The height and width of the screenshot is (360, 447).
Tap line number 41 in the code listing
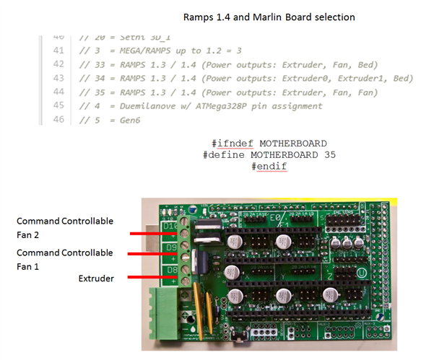59,51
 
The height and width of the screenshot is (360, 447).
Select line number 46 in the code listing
59,119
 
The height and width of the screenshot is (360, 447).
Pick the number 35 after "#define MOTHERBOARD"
329,154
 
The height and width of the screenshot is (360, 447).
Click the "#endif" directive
269,167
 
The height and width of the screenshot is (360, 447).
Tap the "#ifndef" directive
235,143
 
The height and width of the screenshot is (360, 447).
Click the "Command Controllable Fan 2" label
65,227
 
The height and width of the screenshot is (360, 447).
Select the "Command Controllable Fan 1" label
65,259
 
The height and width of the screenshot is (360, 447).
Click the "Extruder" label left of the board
96,278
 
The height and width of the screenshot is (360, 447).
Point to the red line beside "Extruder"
149,277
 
